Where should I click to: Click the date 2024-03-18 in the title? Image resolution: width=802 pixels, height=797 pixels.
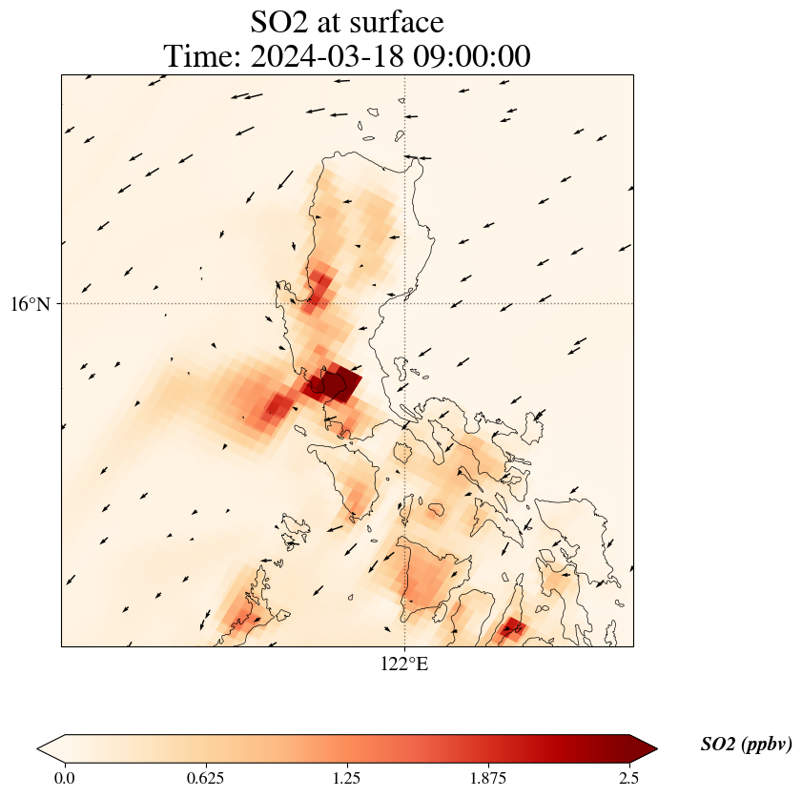[x=321, y=56]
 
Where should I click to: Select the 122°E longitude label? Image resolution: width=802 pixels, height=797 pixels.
[x=405, y=664]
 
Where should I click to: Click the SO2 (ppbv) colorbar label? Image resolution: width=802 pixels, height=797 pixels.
[x=746, y=745]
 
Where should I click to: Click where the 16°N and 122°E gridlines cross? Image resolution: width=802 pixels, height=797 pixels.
[x=405, y=304]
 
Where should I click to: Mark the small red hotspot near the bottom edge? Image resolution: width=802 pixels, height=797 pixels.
[x=512, y=627]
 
